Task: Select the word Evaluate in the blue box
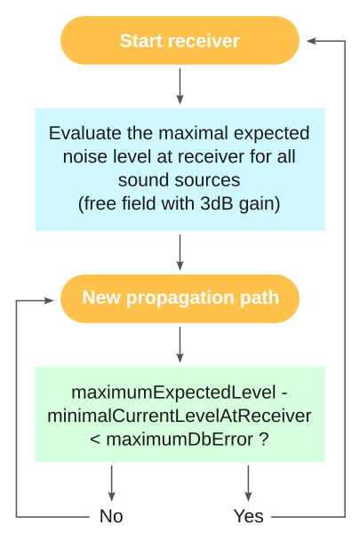pyautogui.click(x=85, y=133)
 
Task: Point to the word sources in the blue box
pyautogui.click(x=207, y=180)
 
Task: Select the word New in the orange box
pyautogui.click(x=101, y=298)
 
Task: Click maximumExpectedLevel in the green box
pyautogui.click(x=174, y=393)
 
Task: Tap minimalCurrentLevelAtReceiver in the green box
pyautogui.click(x=180, y=416)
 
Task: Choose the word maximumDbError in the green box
pyautogui.click(x=180, y=439)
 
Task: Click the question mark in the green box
pyautogui.click(x=263, y=439)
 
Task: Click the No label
pyautogui.click(x=111, y=516)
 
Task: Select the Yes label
pyautogui.click(x=248, y=516)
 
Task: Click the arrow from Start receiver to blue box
pyautogui.click(x=180, y=86)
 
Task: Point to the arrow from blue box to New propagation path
pyautogui.click(x=180, y=252)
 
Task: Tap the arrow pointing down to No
pyautogui.click(x=111, y=483)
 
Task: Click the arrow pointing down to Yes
pyautogui.click(x=248, y=483)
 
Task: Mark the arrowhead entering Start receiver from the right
pyautogui.click(x=311, y=41)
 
